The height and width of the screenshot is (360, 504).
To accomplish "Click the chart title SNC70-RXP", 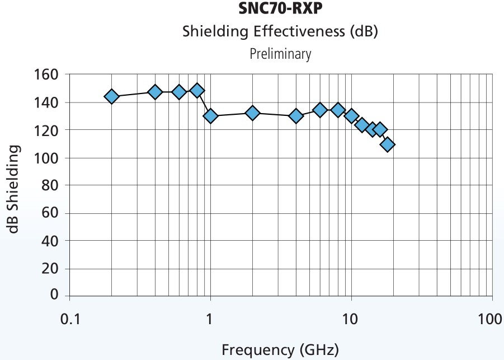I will point(280,10).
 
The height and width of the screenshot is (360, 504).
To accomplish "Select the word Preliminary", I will point(280,54).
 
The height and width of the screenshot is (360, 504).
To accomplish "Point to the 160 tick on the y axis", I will point(47,75).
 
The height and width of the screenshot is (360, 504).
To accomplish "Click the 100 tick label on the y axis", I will point(47,158).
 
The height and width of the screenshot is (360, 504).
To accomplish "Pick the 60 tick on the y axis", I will point(51,213).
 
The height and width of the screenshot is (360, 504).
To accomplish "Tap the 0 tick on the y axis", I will point(54,294).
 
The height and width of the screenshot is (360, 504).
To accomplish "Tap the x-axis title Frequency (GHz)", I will point(280,350).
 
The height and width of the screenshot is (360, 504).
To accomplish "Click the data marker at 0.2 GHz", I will point(112,96).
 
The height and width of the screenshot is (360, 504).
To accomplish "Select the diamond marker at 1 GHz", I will point(210,116).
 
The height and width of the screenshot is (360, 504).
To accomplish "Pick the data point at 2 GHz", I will point(252,113).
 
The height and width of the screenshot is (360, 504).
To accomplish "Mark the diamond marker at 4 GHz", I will point(296,116).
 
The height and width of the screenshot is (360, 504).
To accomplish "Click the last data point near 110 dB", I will point(388,144).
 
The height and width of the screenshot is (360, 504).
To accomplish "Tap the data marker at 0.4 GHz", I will point(155,92).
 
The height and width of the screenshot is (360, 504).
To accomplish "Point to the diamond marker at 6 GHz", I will point(319,110).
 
